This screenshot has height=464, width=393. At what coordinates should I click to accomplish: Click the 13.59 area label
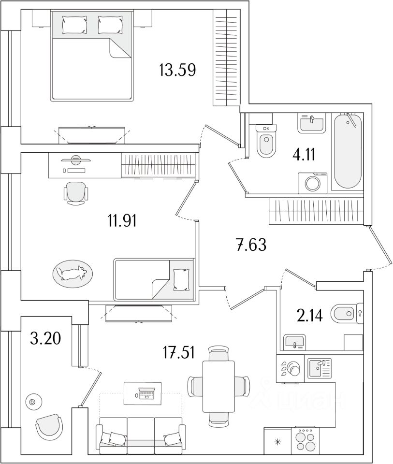[x=177, y=71]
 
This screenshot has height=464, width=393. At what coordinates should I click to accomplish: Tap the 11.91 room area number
[x=123, y=222]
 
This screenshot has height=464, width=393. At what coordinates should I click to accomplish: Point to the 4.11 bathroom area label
[x=305, y=155]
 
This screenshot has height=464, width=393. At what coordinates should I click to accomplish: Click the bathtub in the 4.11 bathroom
[x=348, y=150]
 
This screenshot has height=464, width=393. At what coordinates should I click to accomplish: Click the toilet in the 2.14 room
[x=345, y=314]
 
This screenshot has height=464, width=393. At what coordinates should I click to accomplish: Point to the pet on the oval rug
[x=71, y=274]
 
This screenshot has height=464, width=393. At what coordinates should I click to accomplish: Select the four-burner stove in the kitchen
[x=306, y=439]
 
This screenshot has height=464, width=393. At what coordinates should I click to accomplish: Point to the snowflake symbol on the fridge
[x=277, y=441]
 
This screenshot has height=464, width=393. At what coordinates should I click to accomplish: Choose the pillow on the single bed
[x=182, y=278]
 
